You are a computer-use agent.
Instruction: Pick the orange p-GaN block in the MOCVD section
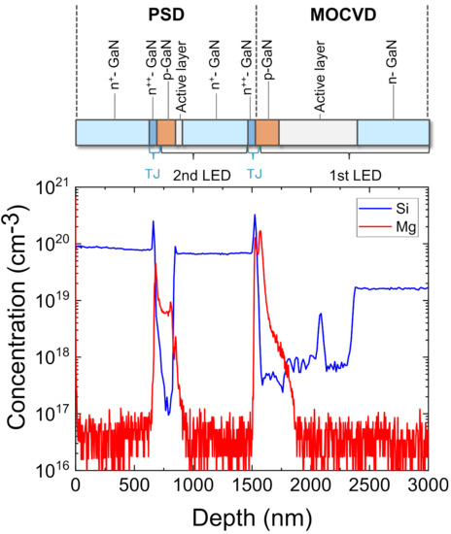(x=267, y=133)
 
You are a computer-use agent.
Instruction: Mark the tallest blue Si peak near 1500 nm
(x=255, y=216)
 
